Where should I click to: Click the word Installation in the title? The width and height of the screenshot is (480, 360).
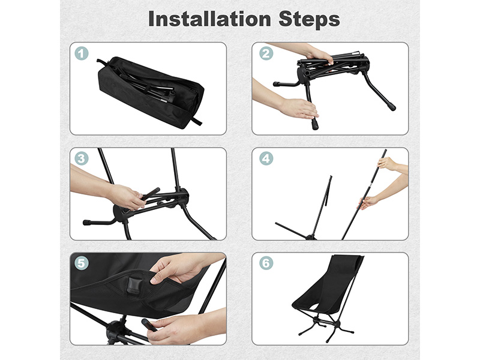(209, 19)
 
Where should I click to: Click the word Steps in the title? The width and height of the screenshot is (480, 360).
(309, 19)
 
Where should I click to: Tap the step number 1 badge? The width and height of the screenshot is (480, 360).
(82, 53)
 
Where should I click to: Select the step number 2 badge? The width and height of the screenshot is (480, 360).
(266, 53)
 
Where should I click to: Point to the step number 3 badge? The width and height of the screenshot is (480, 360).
(82, 158)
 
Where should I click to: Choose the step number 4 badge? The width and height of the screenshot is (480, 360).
(266, 158)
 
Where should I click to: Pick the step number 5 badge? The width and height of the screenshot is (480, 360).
(82, 263)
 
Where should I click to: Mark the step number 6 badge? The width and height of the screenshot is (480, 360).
(266, 263)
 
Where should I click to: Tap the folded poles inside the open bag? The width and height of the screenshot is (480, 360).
(147, 86)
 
